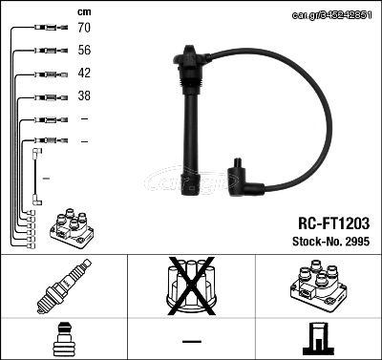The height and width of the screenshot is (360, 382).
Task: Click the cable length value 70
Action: [x=84, y=28]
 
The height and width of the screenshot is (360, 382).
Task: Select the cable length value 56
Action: [x=84, y=50]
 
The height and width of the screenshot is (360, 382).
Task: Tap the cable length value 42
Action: [x=84, y=73]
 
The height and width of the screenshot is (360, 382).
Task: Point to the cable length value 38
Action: [x=84, y=95]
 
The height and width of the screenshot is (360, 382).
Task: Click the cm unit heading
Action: [x=84, y=12]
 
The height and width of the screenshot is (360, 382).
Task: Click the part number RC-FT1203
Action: [x=333, y=223]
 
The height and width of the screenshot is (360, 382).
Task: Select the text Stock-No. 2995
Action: [x=331, y=242]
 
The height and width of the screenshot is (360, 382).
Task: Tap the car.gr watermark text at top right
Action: [x=331, y=15]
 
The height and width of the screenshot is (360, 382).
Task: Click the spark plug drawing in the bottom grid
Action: [x=64, y=286]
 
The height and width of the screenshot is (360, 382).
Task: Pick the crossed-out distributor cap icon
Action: [x=191, y=286]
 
